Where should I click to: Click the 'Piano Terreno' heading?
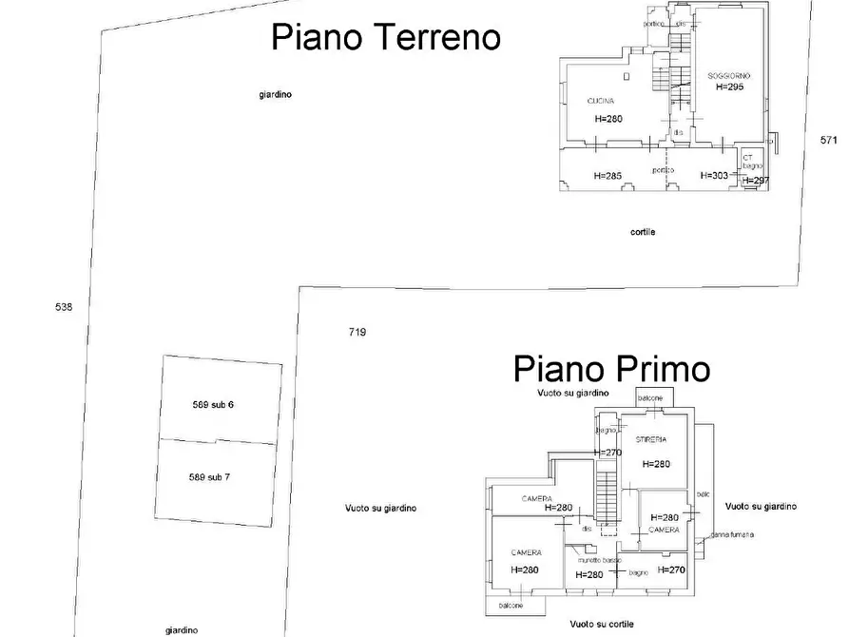[x=386, y=37]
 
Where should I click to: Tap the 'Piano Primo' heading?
[x=611, y=369]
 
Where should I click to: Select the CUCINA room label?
[x=600, y=100]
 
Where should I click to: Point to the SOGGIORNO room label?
[x=729, y=74]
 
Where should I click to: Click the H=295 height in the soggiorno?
[x=729, y=87]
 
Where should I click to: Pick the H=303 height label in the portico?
[x=714, y=176]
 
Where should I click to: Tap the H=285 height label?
[x=608, y=176]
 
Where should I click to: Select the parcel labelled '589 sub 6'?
[x=213, y=405]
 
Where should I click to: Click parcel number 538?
[x=64, y=306]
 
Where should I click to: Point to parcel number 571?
[x=829, y=140]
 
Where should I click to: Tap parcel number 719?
[x=357, y=332]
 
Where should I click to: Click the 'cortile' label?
[x=643, y=232]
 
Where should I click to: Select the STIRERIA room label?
[x=652, y=440]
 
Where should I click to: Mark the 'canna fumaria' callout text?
[x=732, y=534]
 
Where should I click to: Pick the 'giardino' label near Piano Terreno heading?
[x=275, y=94]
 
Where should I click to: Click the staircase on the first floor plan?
[x=606, y=494]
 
